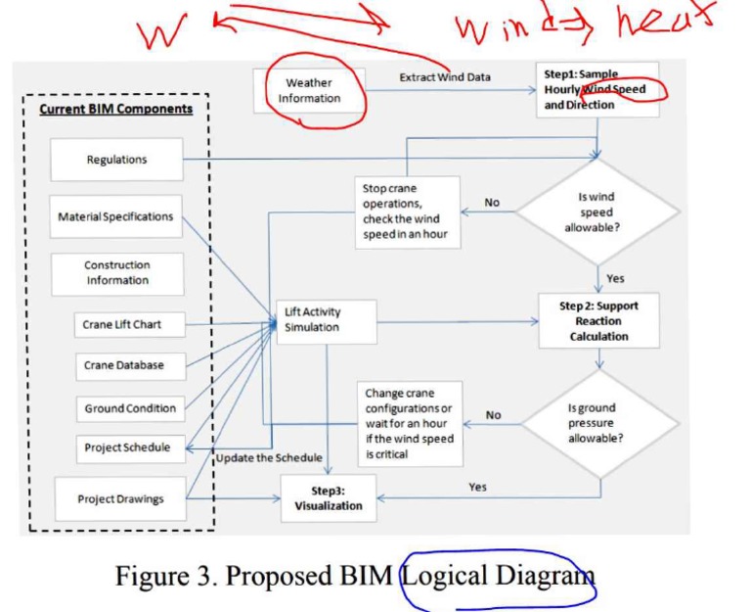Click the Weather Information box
(x=309, y=91)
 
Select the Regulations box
(x=117, y=160)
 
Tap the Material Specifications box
(x=115, y=216)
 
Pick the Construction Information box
(x=116, y=272)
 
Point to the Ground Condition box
(x=130, y=408)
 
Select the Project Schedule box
(x=127, y=447)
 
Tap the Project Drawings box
(x=120, y=499)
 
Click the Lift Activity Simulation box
(x=325, y=320)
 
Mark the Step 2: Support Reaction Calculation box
(x=598, y=321)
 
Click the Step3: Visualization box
(x=329, y=498)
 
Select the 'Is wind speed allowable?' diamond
(x=597, y=212)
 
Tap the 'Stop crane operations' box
(x=407, y=212)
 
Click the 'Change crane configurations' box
(x=409, y=423)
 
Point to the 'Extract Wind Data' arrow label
(x=445, y=77)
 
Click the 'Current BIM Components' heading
(x=116, y=109)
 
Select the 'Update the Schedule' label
(x=269, y=458)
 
